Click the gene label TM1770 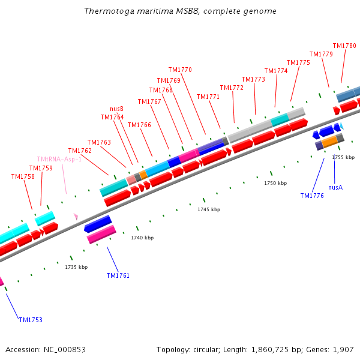coord(180,70)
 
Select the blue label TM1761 coord(118,275)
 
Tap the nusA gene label coord(335,187)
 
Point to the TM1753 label coord(31,320)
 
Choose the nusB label coord(116,109)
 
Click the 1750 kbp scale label coord(275,183)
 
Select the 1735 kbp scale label coord(76,267)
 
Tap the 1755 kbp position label coord(343,157)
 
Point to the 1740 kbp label coord(142,238)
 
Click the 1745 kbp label coord(209,209)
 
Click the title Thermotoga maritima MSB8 coord(181,11)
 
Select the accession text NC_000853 coord(46,349)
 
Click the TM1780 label coord(344,46)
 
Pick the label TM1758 coord(23,176)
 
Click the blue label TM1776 coord(312,196)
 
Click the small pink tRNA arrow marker coord(76,216)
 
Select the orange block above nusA coord(330,141)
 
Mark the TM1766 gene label coord(139,125)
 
